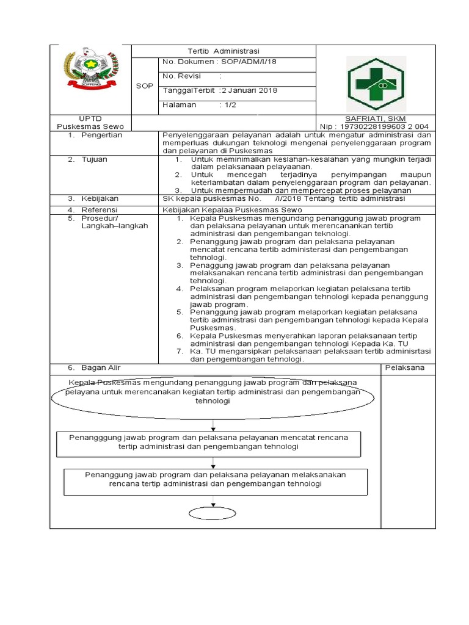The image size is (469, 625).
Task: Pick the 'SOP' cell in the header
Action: pyautogui.click(x=145, y=86)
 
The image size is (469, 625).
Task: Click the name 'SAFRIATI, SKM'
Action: pyautogui.click(x=376, y=118)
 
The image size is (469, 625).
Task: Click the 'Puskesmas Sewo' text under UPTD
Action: pyautogui.click(x=85, y=126)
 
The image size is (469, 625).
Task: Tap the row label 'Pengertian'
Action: pyautogui.click(x=101, y=135)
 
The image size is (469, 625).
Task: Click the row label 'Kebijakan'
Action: pyautogui.click(x=100, y=198)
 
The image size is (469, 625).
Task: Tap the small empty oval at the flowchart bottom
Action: pyautogui.click(x=212, y=513)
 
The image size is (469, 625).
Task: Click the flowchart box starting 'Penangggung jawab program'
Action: pyautogui.click(x=209, y=443)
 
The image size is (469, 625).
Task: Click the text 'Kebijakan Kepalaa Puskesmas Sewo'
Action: pyautogui.click(x=232, y=209)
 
